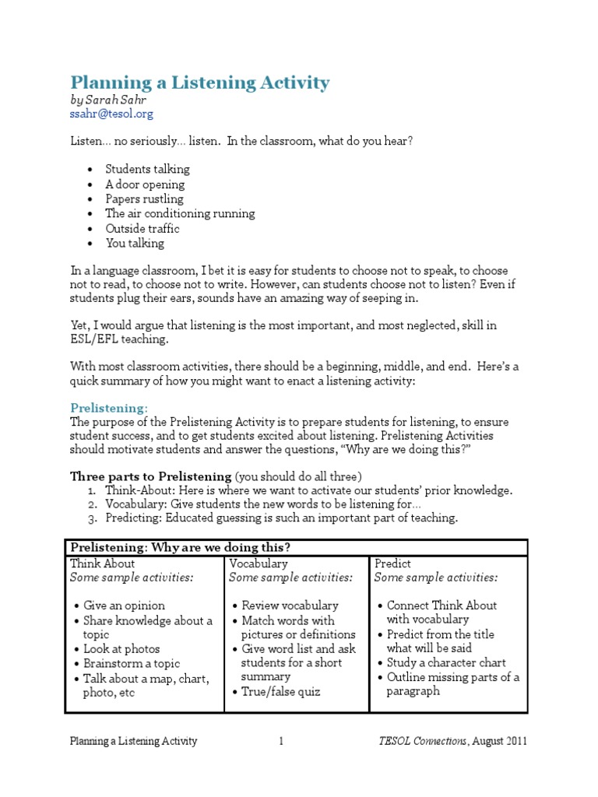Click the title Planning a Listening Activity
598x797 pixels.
[200, 83]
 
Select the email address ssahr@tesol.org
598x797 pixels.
[111, 114]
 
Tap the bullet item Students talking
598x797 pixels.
[147, 169]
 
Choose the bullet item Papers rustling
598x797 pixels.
[145, 198]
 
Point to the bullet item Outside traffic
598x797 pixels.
[142, 228]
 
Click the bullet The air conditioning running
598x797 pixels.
[180, 213]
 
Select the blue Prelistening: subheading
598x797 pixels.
[108, 408]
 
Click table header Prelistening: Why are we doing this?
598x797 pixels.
[180, 547]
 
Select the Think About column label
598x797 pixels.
[102, 563]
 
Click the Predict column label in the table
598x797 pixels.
[392, 563]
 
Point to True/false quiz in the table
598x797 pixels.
[280, 691]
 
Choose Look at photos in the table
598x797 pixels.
[122, 648]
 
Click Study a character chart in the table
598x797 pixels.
[446, 662]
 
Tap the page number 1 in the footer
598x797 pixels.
[282, 741]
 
